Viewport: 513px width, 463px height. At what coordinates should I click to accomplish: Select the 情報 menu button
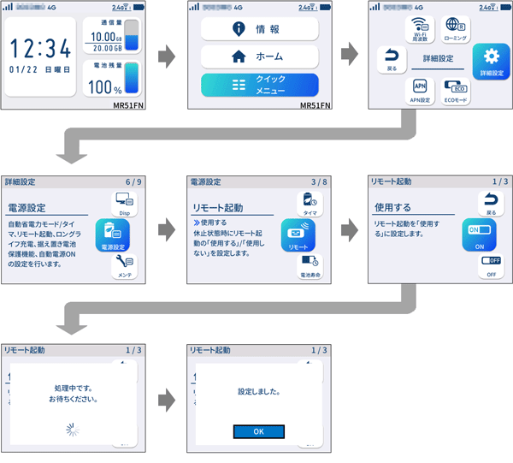259,29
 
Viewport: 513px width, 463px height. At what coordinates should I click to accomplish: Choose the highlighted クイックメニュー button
259,86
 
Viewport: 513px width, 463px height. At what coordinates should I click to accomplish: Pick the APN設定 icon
420,90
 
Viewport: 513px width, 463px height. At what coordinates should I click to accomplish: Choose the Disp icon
125,203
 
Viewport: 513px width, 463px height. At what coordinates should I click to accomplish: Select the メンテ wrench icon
125,267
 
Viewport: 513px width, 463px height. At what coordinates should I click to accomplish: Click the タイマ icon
310,204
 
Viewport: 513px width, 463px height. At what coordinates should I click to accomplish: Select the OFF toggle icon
491,266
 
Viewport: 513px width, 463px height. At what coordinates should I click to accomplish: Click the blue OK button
259,430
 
